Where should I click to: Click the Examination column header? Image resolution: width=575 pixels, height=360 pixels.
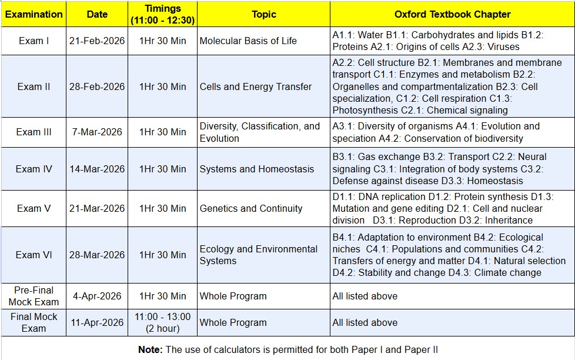tap(34, 14)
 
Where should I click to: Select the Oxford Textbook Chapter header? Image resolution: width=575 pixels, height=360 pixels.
tap(452, 14)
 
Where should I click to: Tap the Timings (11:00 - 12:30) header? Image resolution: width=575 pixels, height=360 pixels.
tap(163, 14)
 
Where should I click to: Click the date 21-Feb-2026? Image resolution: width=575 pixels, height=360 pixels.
tap(97, 41)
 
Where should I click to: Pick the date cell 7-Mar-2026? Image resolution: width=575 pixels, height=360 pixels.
tap(97, 132)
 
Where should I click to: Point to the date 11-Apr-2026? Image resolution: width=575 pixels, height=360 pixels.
tap(97, 322)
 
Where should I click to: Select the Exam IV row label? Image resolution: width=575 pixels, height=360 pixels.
tap(34, 169)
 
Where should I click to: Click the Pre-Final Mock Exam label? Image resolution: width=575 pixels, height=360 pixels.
tap(34, 296)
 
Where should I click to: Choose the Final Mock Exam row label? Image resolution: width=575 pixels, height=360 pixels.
tap(34, 322)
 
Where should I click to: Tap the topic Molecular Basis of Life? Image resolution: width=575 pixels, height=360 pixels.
tap(248, 41)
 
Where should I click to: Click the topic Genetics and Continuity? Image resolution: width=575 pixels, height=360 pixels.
tap(251, 208)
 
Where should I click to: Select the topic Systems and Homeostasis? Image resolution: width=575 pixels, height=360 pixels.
tap(257, 169)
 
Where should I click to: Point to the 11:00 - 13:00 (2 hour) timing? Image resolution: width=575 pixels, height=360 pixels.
tap(163, 322)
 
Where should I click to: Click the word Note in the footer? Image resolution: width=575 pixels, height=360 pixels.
tap(150, 349)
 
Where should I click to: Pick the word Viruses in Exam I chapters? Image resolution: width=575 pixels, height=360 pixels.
tap(502, 46)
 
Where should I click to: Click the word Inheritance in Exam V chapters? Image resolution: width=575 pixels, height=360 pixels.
tap(509, 220)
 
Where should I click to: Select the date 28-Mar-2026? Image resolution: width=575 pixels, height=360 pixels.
tap(97, 255)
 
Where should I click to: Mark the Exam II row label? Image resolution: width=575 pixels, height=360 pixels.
tap(34, 86)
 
